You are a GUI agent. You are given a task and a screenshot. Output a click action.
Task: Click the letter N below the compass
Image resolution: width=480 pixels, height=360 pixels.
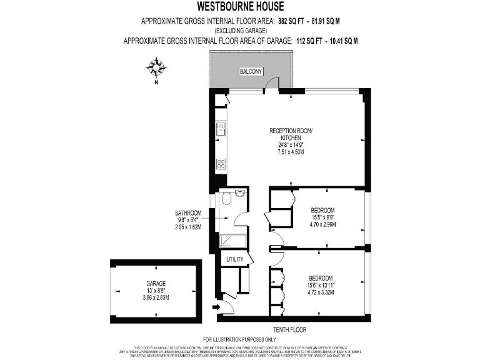tap(157, 82)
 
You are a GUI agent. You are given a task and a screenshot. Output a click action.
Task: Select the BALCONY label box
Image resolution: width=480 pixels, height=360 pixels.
tap(251, 72)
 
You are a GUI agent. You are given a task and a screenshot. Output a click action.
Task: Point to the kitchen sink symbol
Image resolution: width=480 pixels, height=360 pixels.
tap(221, 130)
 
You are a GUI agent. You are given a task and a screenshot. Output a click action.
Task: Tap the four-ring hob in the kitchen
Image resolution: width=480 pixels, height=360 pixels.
tap(221, 164)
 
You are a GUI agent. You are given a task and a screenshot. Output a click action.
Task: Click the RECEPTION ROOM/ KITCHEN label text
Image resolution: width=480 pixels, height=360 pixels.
tap(290, 134)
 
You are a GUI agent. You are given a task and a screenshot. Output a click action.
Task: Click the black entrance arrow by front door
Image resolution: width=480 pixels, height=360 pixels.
tap(216, 307)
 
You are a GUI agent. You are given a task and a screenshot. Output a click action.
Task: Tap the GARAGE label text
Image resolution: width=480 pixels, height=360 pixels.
tap(156, 283)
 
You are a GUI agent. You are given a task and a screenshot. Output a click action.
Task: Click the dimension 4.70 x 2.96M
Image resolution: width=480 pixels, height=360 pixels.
tap(322, 224)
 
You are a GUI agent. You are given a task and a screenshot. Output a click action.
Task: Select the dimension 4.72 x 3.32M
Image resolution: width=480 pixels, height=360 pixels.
tap(320, 291)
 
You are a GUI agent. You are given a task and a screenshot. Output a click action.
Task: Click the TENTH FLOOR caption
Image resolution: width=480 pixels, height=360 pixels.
tap(289, 329)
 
